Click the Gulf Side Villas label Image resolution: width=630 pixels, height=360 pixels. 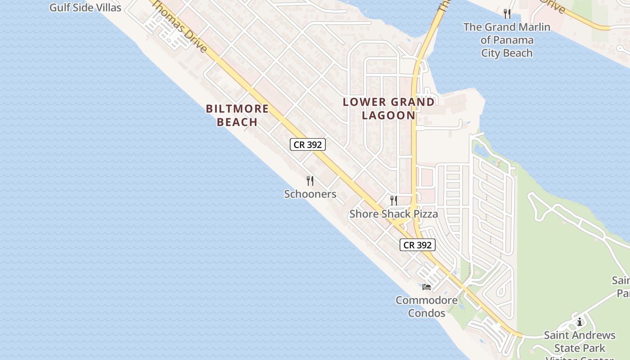pyautogui.click(x=85, y=8)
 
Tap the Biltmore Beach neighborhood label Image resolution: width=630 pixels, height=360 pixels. pyautogui.click(x=237, y=115)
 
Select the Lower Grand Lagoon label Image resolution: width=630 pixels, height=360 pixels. pyautogui.click(x=389, y=108)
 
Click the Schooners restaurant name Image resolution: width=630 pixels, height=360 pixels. pyautogui.click(x=310, y=194)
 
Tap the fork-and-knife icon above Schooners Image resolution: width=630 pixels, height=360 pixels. pyautogui.click(x=310, y=181)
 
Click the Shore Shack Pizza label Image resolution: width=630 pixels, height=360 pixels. pyautogui.click(x=394, y=214)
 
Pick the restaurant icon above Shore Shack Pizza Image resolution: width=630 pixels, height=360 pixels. pyautogui.click(x=394, y=200)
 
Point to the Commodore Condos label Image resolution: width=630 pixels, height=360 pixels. pyautogui.click(x=427, y=306)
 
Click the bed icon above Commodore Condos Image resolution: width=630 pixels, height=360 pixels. pyautogui.click(x=427, y=287)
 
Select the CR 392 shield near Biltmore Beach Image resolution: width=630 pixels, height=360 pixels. pyautogui.click(x=308, y=144)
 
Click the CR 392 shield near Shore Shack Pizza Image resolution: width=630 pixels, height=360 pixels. pyautogui.click(x=418, y=245)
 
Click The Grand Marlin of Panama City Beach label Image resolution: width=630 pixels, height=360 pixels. pyautogui.click(x=507, y=40)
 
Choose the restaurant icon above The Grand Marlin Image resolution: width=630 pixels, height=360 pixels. pyautogui.click(x=507, y=14)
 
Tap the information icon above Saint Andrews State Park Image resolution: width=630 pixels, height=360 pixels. pyautogui.click(x=580, y=322)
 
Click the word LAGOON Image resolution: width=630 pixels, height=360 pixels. pyautogui.click(x=389, y=115)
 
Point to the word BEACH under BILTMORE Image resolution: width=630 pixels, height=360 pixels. pyautogui.click(x=237, y=122)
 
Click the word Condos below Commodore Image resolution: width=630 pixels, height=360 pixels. pyautogui.click(x=427, y=313)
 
